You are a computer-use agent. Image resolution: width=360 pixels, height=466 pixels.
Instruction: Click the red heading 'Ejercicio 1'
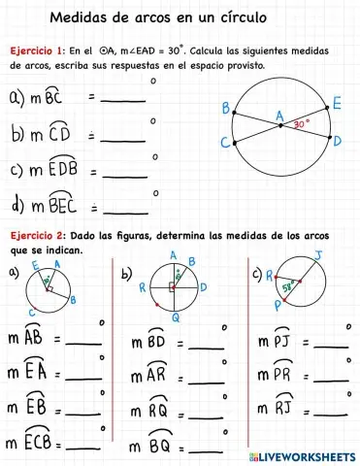click(36, 50)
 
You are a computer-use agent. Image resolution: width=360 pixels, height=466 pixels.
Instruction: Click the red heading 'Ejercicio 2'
click(36, 236)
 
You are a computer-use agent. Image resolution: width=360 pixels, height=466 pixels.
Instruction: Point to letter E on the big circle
click(336, 103)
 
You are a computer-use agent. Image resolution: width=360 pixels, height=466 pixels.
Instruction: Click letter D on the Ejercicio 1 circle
click(337, 141)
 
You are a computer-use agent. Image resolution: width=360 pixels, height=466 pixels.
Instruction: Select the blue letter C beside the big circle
click(225, 143)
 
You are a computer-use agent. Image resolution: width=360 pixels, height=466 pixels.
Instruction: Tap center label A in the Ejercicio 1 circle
click(279, 116)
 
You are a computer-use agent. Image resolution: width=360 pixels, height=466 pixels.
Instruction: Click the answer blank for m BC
click(123, 99)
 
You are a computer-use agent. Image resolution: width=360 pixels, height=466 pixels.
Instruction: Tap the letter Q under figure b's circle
click(176, 317)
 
